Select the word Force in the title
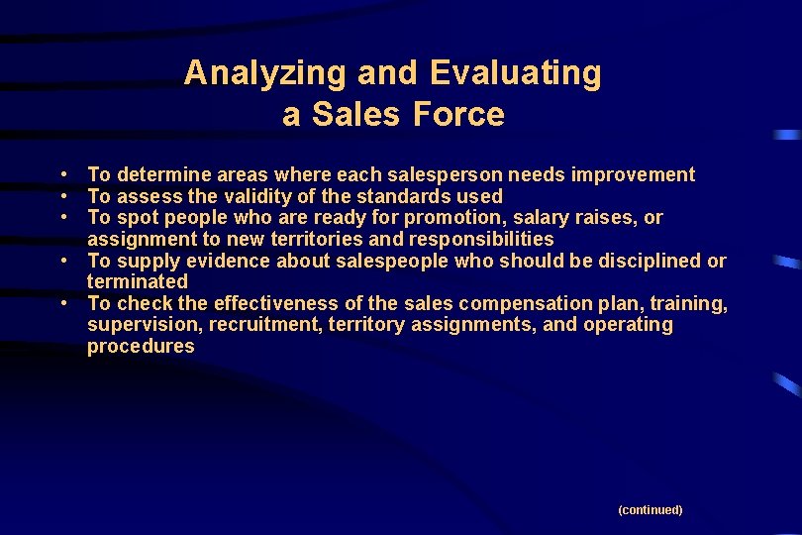[457, 115]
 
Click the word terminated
[137, 282]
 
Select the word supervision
[136, 325]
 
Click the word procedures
[141, 347]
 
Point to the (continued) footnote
[650, 510]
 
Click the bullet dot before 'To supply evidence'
[62, 261]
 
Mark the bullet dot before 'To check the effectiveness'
[62, 303]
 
